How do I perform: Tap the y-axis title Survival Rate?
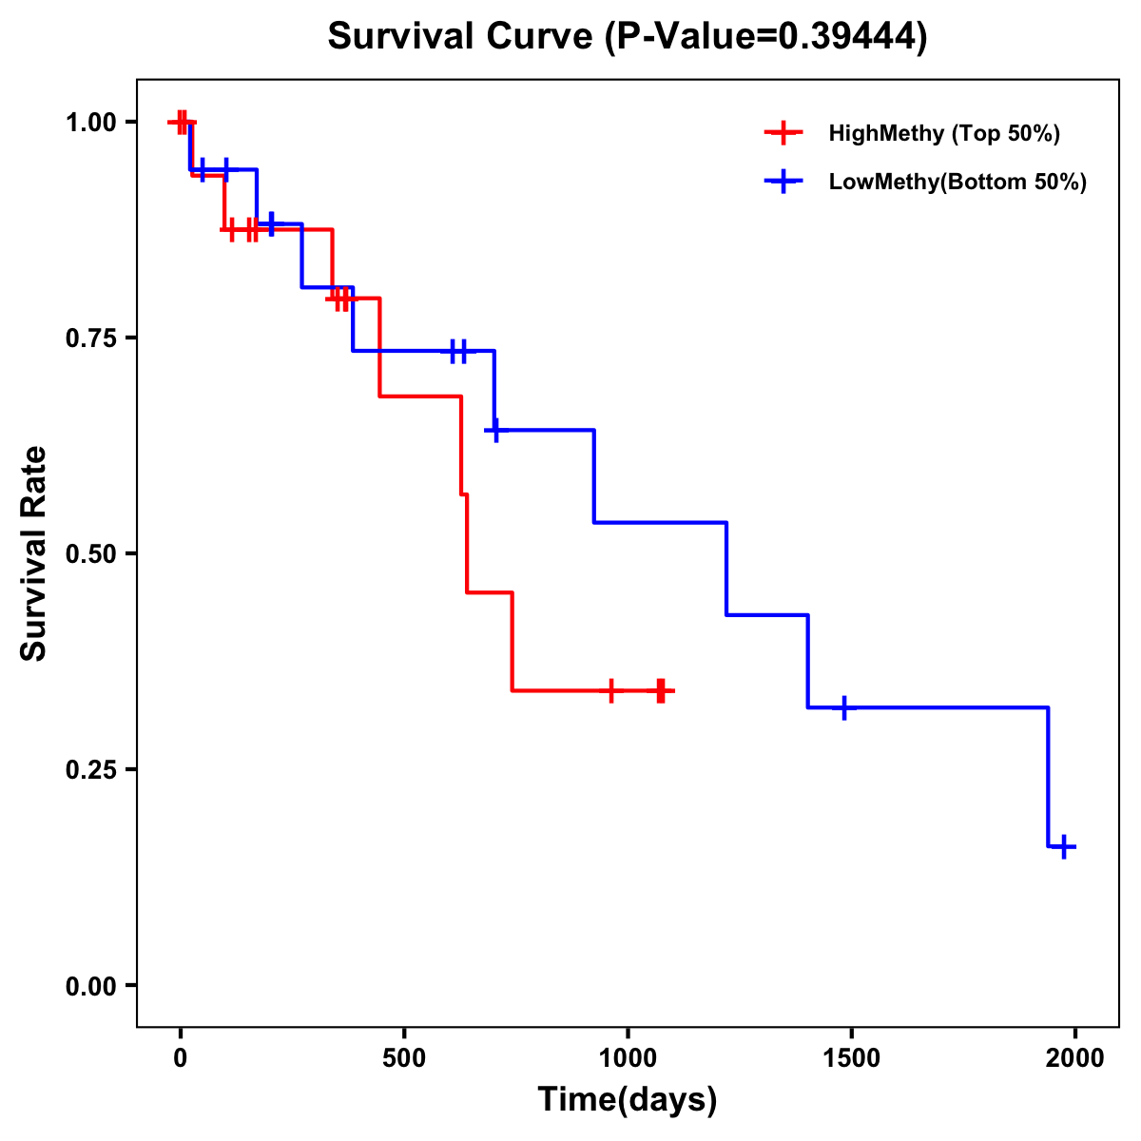(x=34, y=553)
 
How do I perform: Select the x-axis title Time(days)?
(x=627, y=1099)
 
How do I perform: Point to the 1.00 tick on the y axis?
(x=90, y=123)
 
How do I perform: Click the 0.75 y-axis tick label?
(x=90, y=338)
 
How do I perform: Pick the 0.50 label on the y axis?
(x=90, y=554)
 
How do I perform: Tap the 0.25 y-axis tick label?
(x=90, y=770)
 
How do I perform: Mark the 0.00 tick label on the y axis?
(x=90, y=986)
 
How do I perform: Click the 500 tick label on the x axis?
(x=404, y=1058)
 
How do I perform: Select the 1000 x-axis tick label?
(x=628, y=1058)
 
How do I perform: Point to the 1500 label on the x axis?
(x=851, y=1058)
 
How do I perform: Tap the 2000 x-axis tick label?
(x=1075, y=1058)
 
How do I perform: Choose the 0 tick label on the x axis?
(x=181, y=1058)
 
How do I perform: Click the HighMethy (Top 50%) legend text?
(x=944, y=133)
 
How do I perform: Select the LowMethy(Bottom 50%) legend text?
(x=957, y=182)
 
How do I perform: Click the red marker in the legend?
(x=783, y=133)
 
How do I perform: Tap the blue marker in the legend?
(x=783, y=182)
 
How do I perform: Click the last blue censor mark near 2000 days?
(x=1064, y=846)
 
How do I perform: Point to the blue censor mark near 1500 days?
(x=843, y=707)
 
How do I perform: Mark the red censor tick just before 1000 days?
(x=611, y=690)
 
